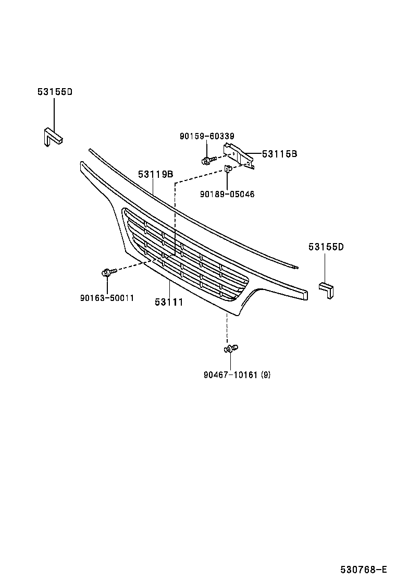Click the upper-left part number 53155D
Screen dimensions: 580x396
(55, 92)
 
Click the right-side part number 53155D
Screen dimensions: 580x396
(326, 247)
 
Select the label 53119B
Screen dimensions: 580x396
(155, 175)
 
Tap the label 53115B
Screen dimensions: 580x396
(279, 154)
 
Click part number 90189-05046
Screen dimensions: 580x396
(227, 194)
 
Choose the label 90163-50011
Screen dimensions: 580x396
(107, 298)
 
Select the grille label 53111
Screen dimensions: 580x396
(169, 301)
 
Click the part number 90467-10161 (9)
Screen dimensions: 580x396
(237, 374)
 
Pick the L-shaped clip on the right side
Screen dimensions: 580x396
(327, 290)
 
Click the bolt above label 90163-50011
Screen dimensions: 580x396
(107, 272)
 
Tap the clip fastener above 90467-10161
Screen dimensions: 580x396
(231, 348)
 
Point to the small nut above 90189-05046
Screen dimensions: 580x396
(228, 168)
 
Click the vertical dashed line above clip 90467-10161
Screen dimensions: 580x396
(227, 329)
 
